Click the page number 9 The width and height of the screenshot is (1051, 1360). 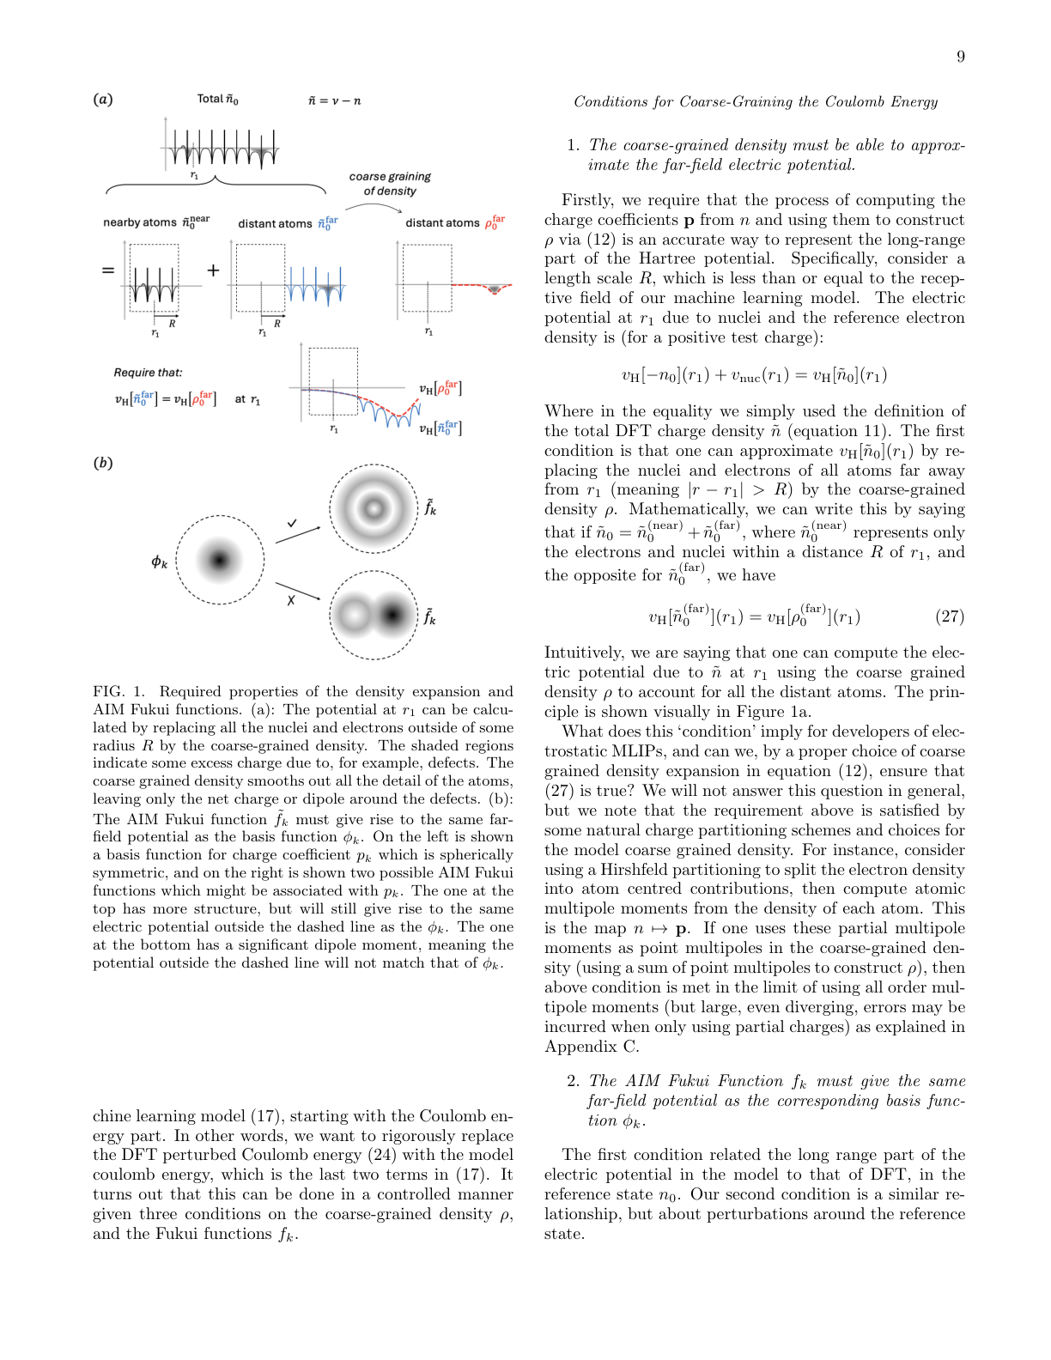960,57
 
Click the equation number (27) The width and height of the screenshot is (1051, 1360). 950,616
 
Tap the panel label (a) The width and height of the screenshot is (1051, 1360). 103,99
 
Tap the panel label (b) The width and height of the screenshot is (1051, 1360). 103,463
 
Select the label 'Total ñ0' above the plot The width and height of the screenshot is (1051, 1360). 217,99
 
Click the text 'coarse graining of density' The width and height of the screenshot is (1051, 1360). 390,183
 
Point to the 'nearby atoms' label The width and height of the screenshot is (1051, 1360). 140,222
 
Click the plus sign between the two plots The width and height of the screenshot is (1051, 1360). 213,270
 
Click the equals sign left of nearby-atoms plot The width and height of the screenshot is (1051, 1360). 108,270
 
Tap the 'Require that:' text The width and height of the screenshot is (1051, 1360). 148,373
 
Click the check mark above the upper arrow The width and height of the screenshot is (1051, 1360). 292,522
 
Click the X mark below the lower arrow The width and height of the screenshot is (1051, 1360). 291,600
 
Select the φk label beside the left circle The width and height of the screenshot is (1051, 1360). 160,562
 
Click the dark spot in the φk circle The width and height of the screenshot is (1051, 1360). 220,560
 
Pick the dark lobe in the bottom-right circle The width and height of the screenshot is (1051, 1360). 392,615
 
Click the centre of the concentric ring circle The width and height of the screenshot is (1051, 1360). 374,507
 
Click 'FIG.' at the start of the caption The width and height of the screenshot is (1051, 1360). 108,692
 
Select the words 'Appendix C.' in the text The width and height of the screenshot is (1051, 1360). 592,1047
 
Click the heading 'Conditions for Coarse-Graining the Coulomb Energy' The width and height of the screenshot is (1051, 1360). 756,102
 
